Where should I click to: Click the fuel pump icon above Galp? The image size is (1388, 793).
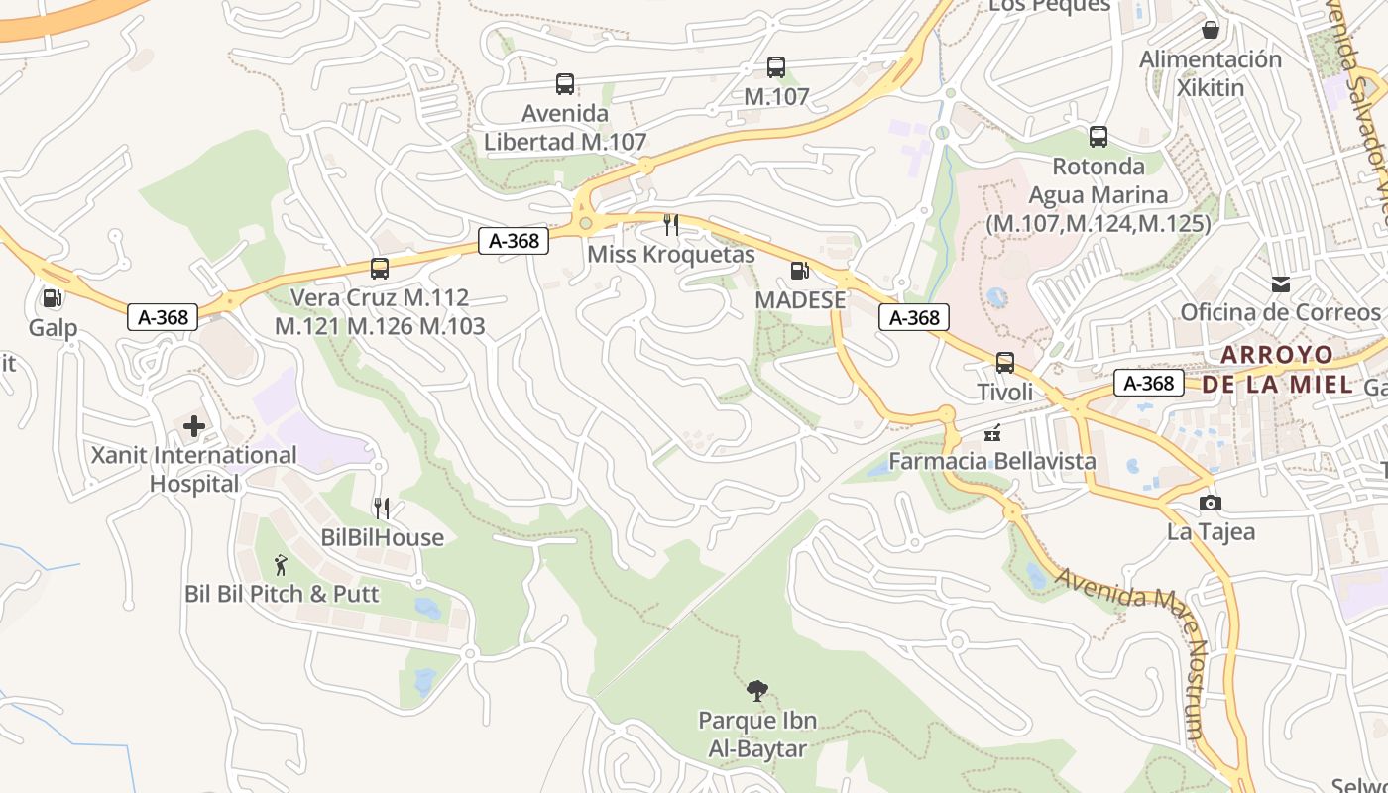pyautogui.click(x=52, y=297)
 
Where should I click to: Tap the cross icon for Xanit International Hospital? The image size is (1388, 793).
pyautogui.click(x=194, y=426)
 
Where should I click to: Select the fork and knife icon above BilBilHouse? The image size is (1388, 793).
pyautogui.click(x=382, y=509)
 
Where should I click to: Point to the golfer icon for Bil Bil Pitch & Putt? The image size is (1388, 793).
pyautogui.click(x=281, y=565)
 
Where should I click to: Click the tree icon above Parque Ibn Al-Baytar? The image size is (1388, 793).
pyautogui.click(x=757, y=691)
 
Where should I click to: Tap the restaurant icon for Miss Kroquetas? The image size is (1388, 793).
pyautogui.click(x=671, y=225)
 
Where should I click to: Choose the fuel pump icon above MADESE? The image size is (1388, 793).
pyautogui.click(x=799, y=270)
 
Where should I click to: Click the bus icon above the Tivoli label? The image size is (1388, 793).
pyautogui.click(x=1005, y=363)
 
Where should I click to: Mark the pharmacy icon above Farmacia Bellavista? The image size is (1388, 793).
pyautogui.click(x=991, y=433)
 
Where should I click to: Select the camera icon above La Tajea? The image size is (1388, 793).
pyautogui.click(x=1210, y=503)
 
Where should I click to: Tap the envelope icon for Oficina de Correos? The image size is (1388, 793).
pyautogui.click(x=1281, y=284)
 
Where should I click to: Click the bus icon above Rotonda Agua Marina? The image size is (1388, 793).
pyautogui.click(x=1099, y=137)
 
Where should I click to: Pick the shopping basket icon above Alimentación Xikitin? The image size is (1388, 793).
pyautogui.click(x=1210, y=30)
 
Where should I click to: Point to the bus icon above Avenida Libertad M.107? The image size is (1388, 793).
pyautogui.click(x=565, y=84)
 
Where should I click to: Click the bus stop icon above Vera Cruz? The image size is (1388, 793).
pyautogui.click(x=380, y=268)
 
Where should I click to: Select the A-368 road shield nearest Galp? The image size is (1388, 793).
pyautogui.click(x=162, y=317)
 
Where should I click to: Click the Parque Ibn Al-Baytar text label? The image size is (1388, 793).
pyautogui.click(x=757, y=734)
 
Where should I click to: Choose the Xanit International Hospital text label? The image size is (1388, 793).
pyautogui.click(x=194, y=469)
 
